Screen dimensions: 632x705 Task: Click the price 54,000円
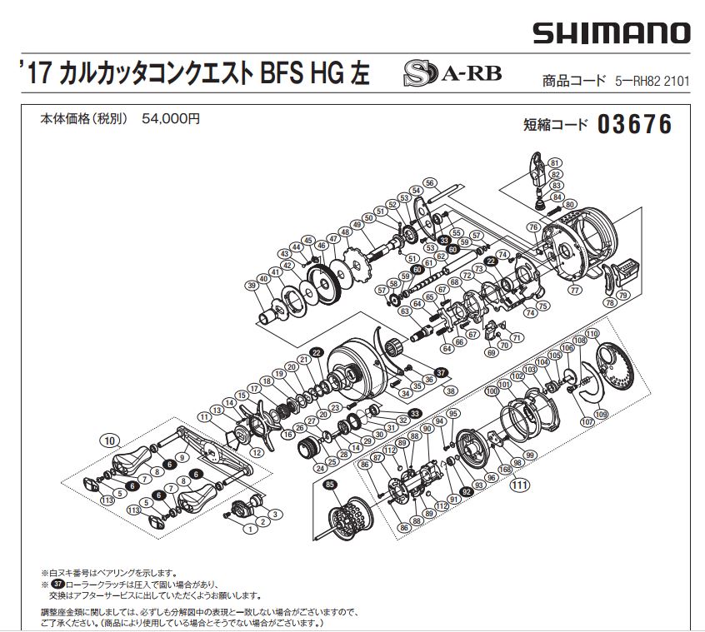pyautogui.click(x=171, y=119)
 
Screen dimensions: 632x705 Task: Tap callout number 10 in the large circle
pyautogui.click(x=108, y=440)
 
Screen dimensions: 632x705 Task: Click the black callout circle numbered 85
pyautogui.click(x=331, y=485)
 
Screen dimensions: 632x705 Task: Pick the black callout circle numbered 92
pyautogui.click(x=466, y=491)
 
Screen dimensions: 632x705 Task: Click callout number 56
pyautogui.click(x=430, y=182)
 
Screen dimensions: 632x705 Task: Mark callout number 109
pyautogui.click(x=599, y=414)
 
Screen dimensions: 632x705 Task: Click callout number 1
pyautogui.click(x=248, y=529)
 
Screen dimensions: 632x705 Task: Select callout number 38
pyautogui.click(x=452, y=391)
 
